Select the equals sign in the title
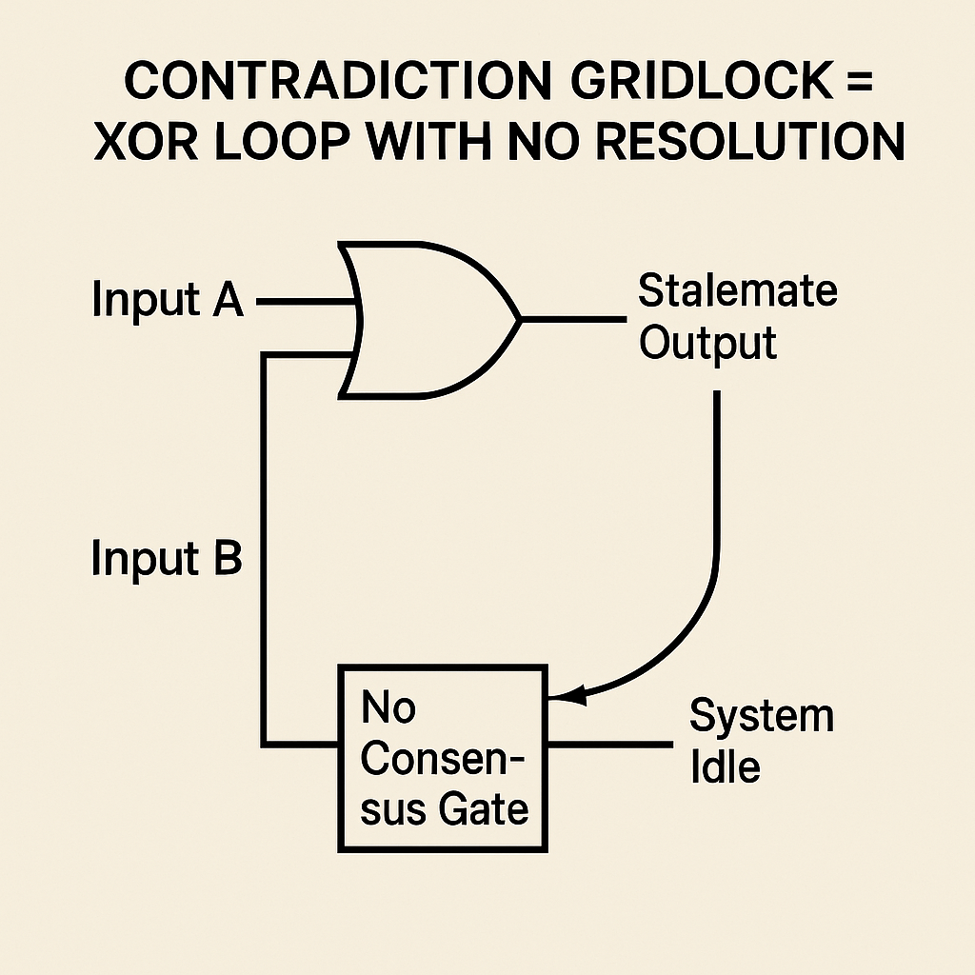[x=861, y=84]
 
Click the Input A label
[x=168, y=302]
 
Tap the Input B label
[x=168, y=559]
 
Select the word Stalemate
[x=737, y=290]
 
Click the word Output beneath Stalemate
[x=707, y=343]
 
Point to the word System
[x=761, y=716]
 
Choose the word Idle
[x=725, y=766]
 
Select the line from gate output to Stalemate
[x=571, y=319]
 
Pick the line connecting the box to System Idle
[x=609, y=742]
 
